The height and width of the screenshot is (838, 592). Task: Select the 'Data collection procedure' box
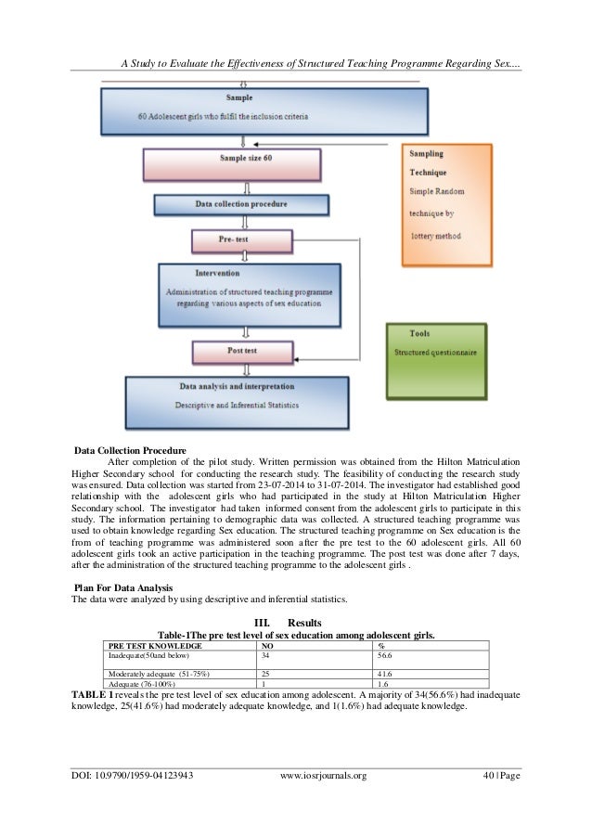[241, 204]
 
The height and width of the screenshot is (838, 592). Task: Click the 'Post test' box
[241, 352]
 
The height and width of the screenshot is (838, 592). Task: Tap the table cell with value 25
[268, 672]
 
